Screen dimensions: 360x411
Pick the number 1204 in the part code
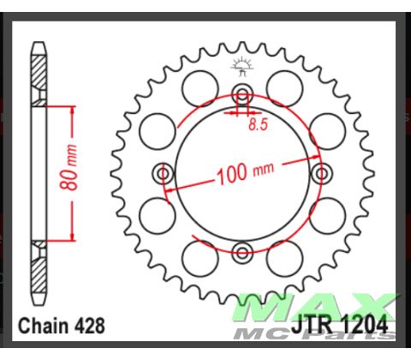pos(365,326)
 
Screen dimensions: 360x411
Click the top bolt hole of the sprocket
pos(242,93)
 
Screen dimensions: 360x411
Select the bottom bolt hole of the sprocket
pos(242,252)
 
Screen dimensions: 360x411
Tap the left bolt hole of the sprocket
pos(163,174)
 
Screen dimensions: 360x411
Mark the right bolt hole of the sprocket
pos(322,174)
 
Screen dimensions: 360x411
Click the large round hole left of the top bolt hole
pos(204,86)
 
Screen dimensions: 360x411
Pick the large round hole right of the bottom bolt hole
pos(282,255)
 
